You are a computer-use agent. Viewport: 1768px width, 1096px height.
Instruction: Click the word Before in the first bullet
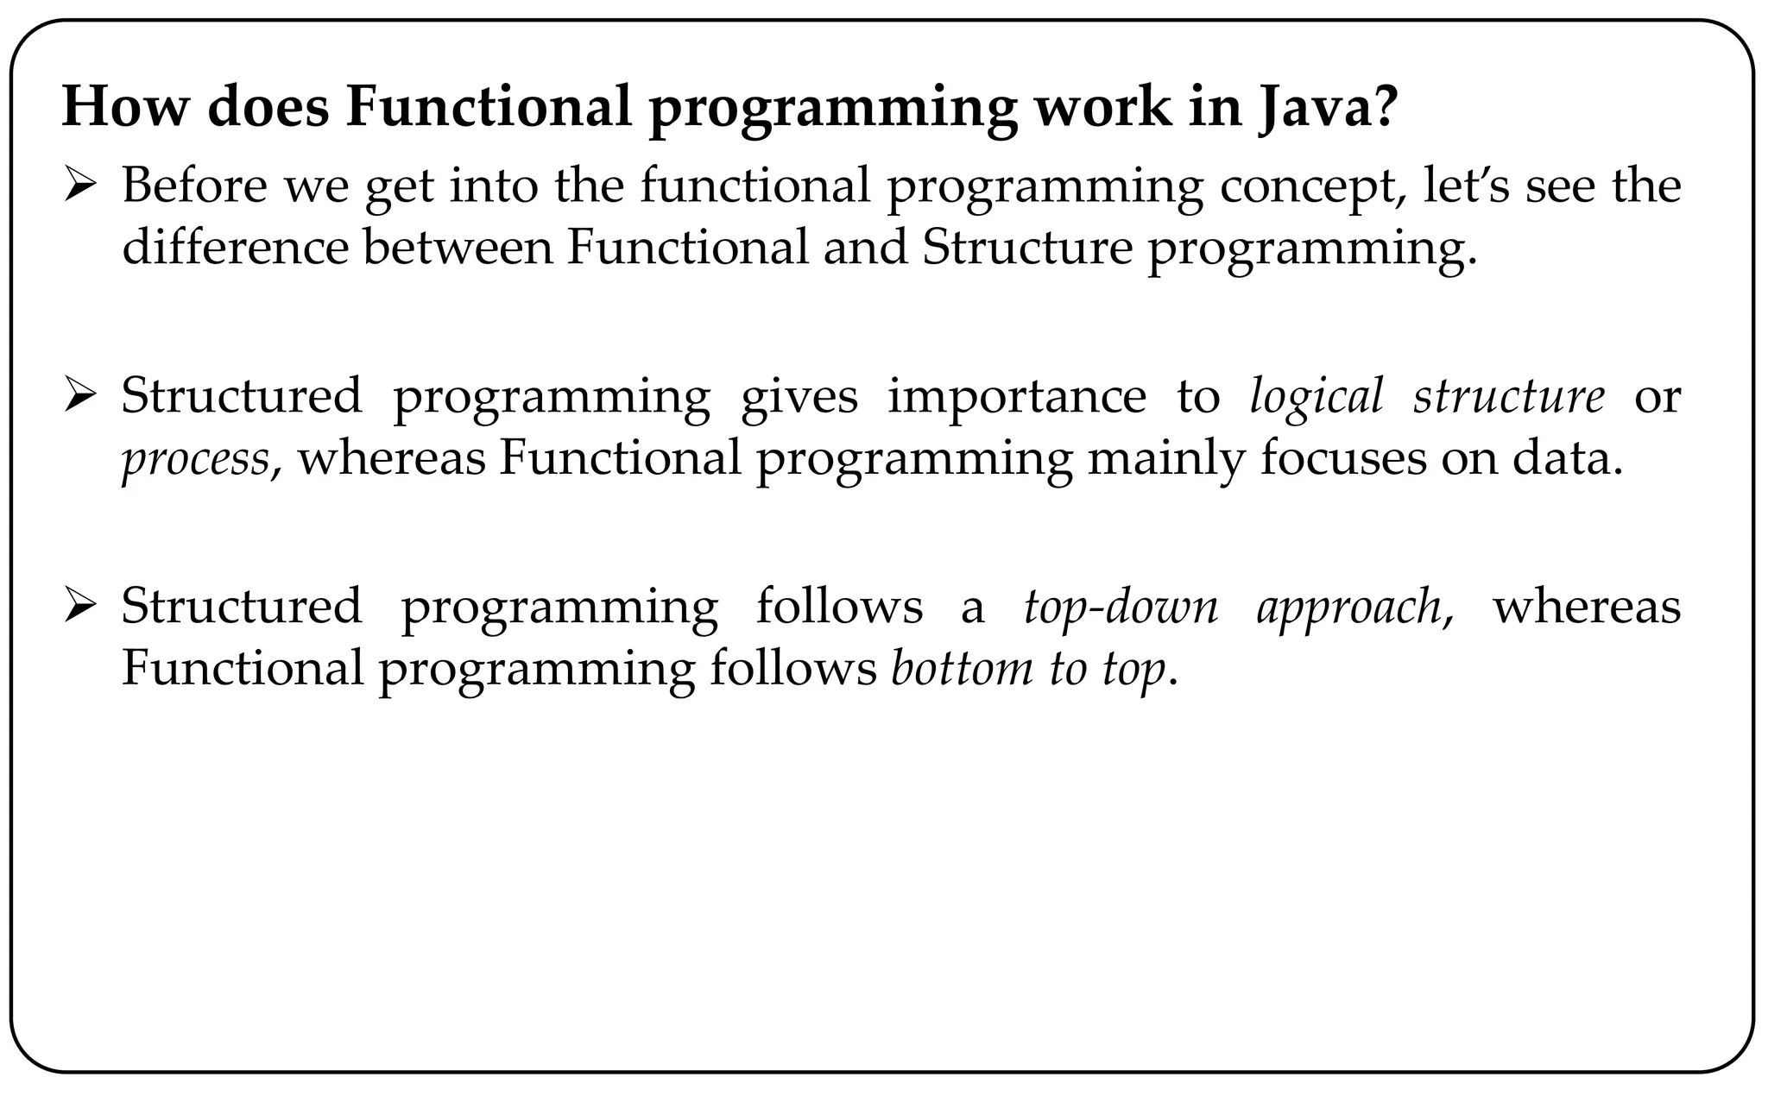point(195,186)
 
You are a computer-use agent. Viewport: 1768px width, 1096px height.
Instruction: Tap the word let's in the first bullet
point(1467,186)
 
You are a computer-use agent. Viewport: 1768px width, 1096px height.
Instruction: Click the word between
point(457,248)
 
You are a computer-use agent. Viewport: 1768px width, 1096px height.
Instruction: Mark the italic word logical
point(1317,398)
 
